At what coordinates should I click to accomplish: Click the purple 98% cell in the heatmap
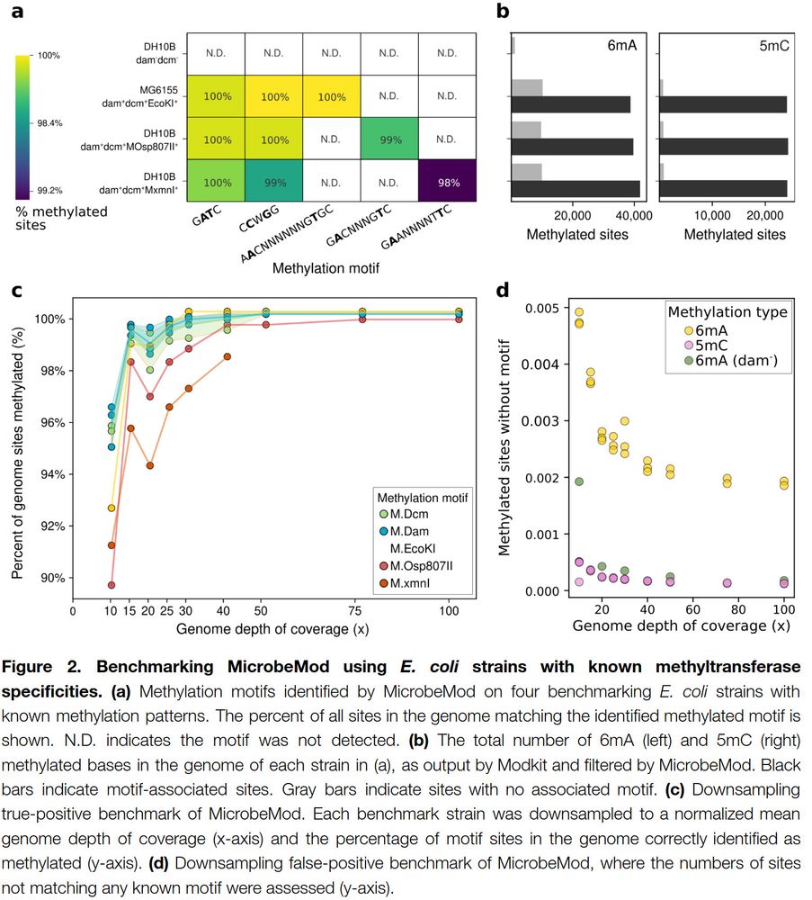tap(447, 182)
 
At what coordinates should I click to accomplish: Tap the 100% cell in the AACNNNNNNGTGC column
tap(331, 96)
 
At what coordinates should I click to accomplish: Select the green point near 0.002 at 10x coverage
tap(579, 481)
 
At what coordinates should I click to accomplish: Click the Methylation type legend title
tap(727, 311)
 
